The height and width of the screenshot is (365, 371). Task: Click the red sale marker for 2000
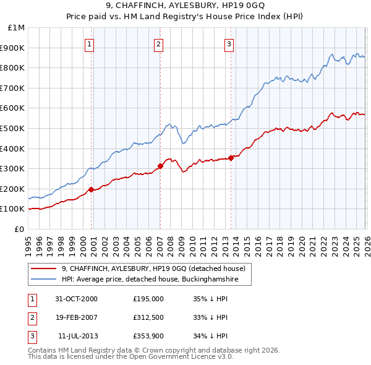(92, 189)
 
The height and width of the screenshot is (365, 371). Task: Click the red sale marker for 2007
(160, 166)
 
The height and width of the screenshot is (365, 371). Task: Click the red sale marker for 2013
(231, 158)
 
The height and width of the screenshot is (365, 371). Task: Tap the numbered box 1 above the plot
(90, 44)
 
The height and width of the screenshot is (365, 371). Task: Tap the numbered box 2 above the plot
(159, 44)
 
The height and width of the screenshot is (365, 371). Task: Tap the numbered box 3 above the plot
(229, 44)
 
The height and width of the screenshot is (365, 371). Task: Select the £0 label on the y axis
(19, 229)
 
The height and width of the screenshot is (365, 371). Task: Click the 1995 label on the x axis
(28, 242)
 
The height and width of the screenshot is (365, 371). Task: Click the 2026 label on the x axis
(365, 242)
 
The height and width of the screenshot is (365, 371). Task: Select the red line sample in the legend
(44, 268)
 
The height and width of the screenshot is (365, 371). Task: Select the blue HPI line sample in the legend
(44, 280)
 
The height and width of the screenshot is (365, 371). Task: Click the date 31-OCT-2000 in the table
(76, 299)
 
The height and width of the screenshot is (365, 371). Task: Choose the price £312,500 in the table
(148, 317)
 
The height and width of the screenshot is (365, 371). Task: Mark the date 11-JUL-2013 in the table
(76, 336)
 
